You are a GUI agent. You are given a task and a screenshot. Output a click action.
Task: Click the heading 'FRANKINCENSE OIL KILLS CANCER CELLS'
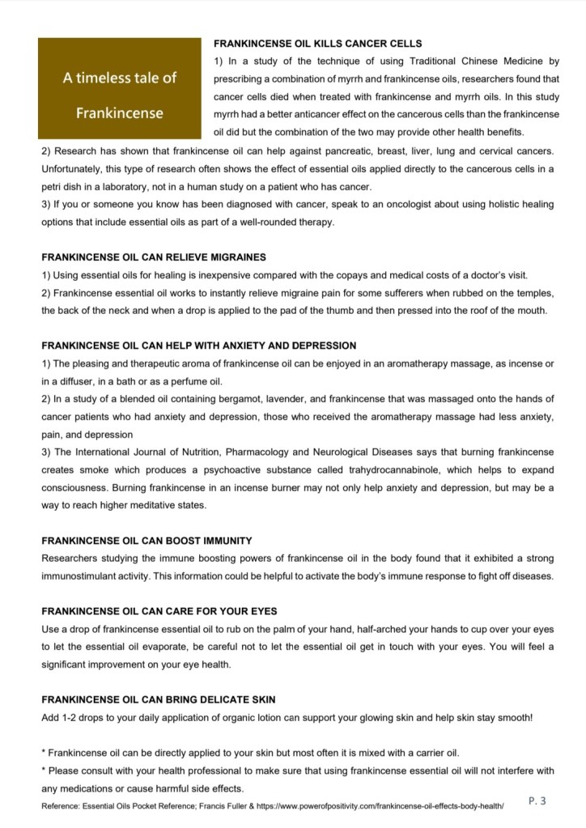click(x=317, y=43)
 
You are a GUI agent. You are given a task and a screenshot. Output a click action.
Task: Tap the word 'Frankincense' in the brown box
click(x=119, y=113)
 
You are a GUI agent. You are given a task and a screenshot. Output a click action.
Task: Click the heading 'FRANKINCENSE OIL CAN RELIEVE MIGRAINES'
click(x=154, y=257)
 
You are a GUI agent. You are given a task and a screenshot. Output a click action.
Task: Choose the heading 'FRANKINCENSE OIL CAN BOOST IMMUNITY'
click(x=146, y=540)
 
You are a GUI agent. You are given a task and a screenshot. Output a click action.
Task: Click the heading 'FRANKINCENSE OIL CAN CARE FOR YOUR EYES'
click(x=159, y=611)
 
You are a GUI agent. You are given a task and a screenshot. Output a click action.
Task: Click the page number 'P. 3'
click(x=537, y=801)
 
